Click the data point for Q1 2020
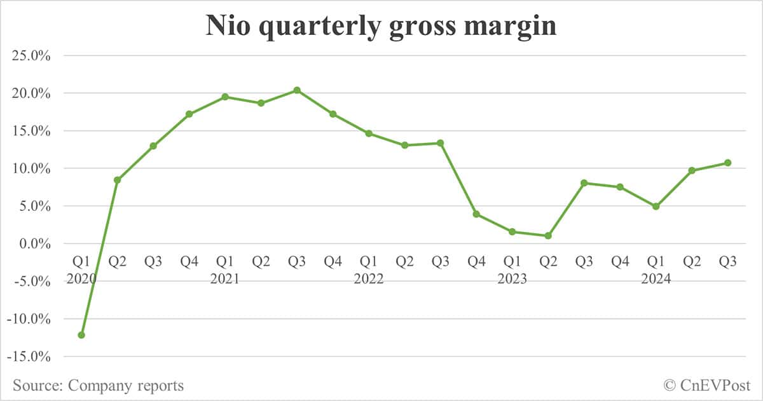point(81,335)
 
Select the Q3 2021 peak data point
point(297,90)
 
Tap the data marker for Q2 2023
point(548,236)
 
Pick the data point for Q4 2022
point(476,214)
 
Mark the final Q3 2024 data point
point(727,163)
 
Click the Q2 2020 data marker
point(117,180)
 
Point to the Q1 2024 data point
point(656,207)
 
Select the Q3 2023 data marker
point(584,183)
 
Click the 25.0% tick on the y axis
point(32,56)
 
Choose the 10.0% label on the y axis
point(32,168)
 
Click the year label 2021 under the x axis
point(224,279)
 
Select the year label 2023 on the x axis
point(512,279)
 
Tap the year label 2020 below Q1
point(81,279)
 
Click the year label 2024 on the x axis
point(656,279)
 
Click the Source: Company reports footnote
point(98,385)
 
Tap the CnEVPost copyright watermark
point(706,385)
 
